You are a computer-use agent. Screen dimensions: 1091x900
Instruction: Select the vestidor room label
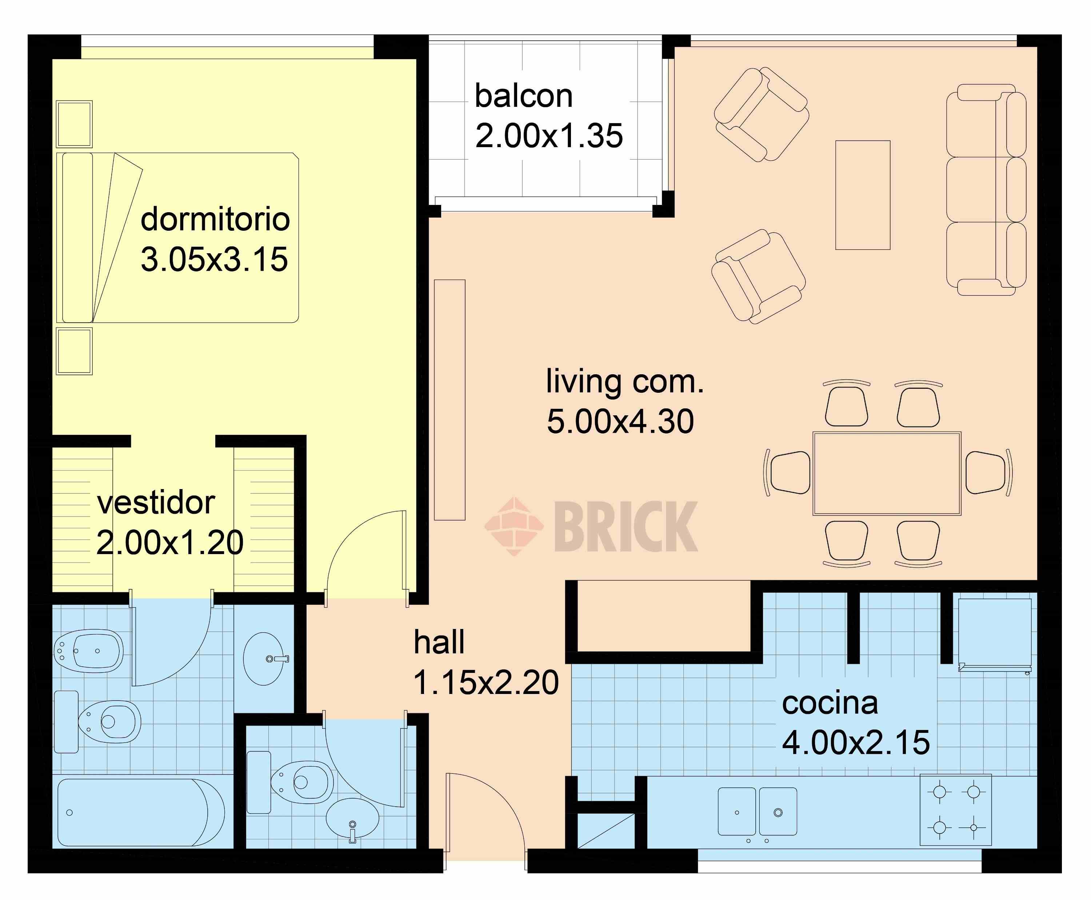click(x=156, y=503)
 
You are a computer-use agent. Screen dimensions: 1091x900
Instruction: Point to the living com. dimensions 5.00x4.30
click(x=620, y=421)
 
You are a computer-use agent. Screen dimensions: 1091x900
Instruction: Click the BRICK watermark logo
click(x=591, y=526)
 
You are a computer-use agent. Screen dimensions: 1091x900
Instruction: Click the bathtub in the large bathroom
click(x=141, y=812)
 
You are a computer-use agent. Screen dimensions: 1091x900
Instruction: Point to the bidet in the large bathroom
click(x=89, y=651)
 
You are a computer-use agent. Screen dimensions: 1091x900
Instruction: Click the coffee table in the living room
click(x=863, y=195)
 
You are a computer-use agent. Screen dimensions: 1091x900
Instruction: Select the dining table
click(x=887, y=473)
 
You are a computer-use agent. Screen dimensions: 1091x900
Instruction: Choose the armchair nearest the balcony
click(x=762, y=114)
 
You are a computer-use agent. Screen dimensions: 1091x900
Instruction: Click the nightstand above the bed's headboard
click(x=74, y=124)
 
